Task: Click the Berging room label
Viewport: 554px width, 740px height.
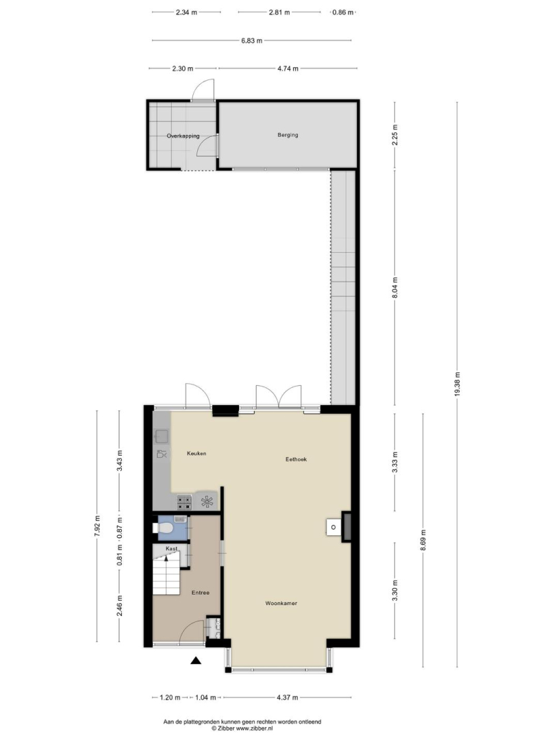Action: (288, 135)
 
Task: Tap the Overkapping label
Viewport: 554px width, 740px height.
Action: (183, 136)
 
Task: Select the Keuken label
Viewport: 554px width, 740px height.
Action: (197, 454)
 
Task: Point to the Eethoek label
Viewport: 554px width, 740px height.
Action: (296, 459)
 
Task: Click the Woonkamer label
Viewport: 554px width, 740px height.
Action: (281, 603)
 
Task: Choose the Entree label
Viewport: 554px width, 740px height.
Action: (201, 593)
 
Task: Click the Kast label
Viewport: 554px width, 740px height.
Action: (172, 549)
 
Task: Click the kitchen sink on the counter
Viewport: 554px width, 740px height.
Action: (162, 437)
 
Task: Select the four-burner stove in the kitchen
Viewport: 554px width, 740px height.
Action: (184, 503)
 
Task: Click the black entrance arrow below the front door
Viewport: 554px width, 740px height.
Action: (196, 661)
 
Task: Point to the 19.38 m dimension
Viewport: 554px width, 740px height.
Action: (457, 384)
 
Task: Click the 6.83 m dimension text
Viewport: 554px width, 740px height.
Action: (252, 40)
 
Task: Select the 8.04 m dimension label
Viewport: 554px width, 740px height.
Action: (395, 287)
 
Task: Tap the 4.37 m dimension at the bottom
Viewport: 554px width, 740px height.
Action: (287, 698)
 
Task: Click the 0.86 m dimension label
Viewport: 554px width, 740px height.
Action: (343, 13)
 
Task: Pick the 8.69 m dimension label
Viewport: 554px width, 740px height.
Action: (423, 541)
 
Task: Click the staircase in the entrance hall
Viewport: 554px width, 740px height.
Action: (166, 574)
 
